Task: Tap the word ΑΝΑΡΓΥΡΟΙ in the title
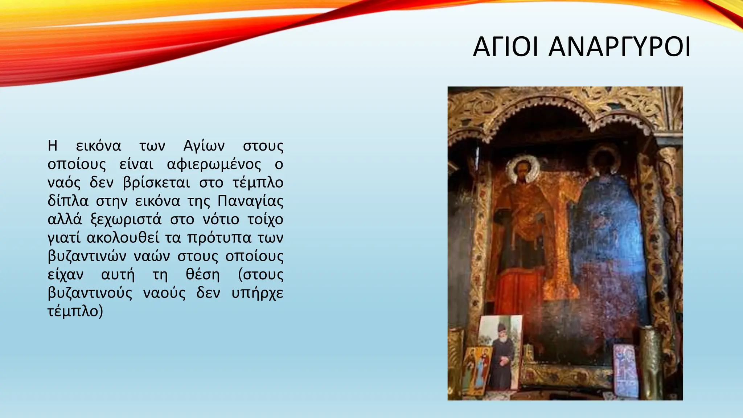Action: [x=619, y=47]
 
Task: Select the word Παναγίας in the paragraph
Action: [x=250, y=201]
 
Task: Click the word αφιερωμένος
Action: [x=214, y=164]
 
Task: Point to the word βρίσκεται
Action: [x=156, y=182]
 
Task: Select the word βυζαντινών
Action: [x=87, y=256]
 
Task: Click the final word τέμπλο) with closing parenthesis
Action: [x=75, y=311]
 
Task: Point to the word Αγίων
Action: [x=204, y=146]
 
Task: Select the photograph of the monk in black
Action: [x=502, y=352]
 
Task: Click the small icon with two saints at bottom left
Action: [x=477, y=370]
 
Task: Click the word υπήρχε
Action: [x=257, y=293]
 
